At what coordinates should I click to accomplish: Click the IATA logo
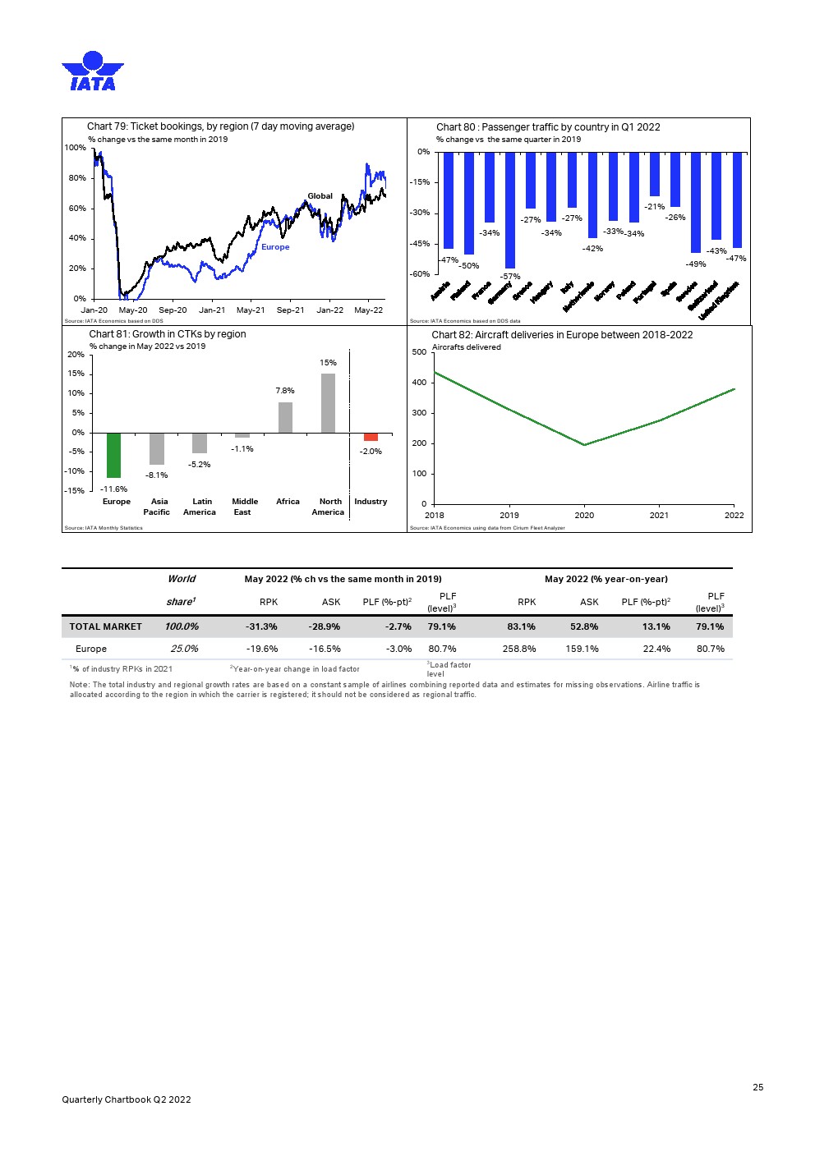[92, 71]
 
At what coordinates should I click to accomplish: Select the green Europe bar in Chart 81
[113, 455]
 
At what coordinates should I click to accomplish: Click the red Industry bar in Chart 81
[371, 437]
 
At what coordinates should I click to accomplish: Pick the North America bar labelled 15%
[328, 403]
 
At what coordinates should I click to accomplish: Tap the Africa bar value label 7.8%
[285, 391]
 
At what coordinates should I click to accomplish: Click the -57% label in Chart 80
[510, 277]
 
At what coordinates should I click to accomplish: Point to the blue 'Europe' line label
[275, 247]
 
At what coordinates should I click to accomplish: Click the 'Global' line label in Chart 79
[320, 196]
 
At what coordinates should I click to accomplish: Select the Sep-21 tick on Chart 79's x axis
[290, 310]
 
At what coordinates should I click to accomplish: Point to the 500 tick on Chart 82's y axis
[419, 352]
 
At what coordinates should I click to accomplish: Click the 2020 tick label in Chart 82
[584, 516]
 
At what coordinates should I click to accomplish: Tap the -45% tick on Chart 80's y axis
[420, 244]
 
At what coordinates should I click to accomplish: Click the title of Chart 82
[562, 335]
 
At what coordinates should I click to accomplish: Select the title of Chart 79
[220, 126]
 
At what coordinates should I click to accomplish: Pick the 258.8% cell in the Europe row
[518, 649]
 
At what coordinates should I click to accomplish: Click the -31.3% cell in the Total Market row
[261, 626]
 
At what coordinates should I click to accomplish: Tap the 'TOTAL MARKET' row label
[105, 626]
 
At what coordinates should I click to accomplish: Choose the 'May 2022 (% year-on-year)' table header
[605, 579]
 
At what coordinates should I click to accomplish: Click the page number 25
[757, 1087]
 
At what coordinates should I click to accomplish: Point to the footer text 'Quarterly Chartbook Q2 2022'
[127, 1099]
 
